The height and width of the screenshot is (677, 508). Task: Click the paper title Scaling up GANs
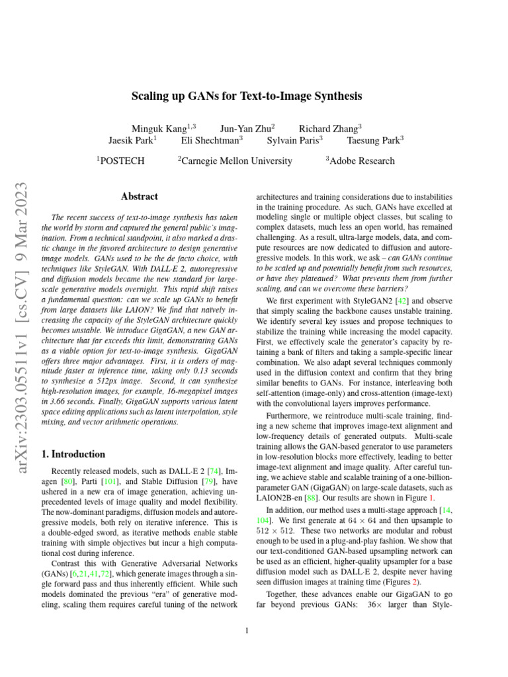coord(254,97)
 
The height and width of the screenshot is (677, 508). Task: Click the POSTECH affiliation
coord(121,161)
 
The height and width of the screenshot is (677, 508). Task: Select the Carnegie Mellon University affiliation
coord(235,161)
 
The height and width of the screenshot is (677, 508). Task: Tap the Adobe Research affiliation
coord(360,161)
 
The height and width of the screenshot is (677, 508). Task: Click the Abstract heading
coord(140,196)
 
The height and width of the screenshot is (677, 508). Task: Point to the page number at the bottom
coord(247,631)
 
